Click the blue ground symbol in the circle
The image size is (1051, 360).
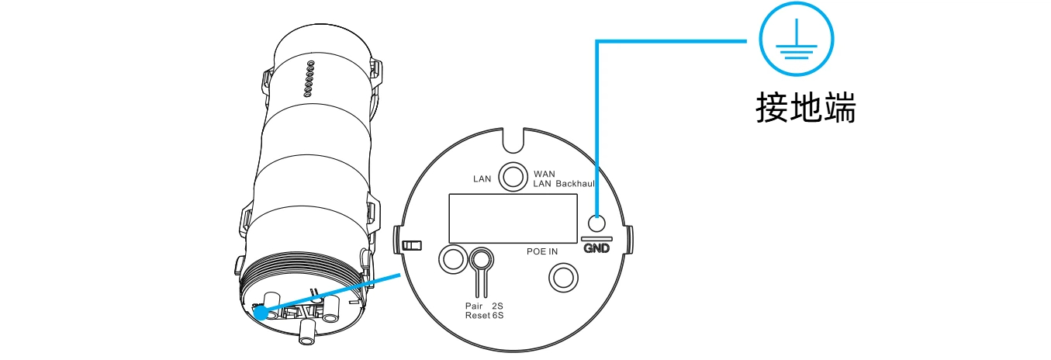click(797, 39)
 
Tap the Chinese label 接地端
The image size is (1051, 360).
click(806, 108)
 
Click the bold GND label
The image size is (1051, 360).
click(596, 247)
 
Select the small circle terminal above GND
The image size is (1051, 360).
click(596, 223)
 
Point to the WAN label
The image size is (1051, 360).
click(545, 174)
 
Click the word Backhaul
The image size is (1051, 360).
click(575, 184)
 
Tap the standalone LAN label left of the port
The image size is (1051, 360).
click(482, 178)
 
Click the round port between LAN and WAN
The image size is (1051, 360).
click(513, 177)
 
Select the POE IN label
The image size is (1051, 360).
click(542, 251)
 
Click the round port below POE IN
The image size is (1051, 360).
click(563, 278)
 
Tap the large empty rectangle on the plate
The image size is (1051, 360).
click(513, 218)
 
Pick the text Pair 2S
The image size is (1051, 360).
click(484, 306)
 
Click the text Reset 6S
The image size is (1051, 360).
click(484, 316)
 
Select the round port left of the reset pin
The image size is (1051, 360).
click(453, 258)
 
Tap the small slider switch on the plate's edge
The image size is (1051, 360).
click(412, 245)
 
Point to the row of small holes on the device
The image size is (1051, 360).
click(309, 79)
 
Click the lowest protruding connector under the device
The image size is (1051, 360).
click(307, 334)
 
